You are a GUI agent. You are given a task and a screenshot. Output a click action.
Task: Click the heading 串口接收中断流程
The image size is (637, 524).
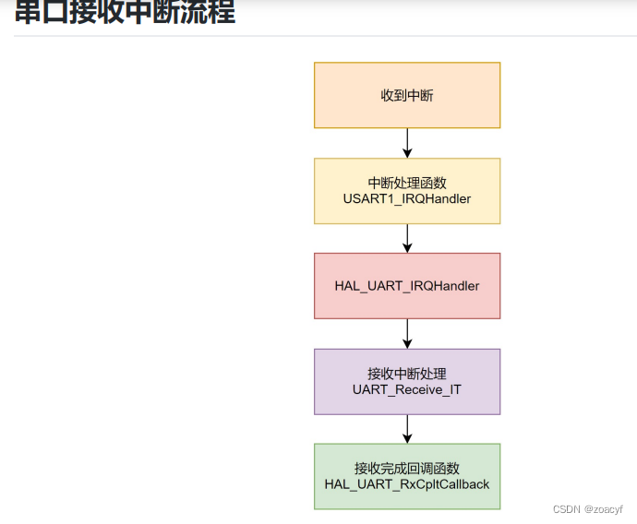125,11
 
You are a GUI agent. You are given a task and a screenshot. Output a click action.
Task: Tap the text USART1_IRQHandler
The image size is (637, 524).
407,198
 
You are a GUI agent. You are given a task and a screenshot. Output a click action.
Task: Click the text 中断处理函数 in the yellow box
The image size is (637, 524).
407,183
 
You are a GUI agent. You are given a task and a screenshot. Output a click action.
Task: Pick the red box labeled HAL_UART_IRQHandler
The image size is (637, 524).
407,286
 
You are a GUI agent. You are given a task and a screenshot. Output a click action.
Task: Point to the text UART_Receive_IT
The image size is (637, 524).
407,389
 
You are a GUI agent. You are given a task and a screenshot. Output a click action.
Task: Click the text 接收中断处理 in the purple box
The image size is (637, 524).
407,374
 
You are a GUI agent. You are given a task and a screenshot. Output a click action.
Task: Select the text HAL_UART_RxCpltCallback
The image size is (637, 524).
407,484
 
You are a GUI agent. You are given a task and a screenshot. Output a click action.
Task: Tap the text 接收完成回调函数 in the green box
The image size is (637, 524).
407,469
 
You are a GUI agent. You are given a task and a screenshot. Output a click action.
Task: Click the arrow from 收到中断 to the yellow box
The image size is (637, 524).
407,142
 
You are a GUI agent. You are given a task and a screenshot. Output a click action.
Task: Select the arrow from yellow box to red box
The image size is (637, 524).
407,238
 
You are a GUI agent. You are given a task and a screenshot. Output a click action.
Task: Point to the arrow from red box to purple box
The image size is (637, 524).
407,333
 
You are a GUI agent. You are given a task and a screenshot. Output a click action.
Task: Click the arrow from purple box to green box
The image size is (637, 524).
407,428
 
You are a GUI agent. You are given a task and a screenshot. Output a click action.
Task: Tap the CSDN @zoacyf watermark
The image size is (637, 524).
588,509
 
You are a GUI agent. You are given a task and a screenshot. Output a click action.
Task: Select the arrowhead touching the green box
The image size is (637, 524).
407,438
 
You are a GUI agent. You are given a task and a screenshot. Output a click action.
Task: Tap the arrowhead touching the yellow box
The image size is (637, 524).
407,153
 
